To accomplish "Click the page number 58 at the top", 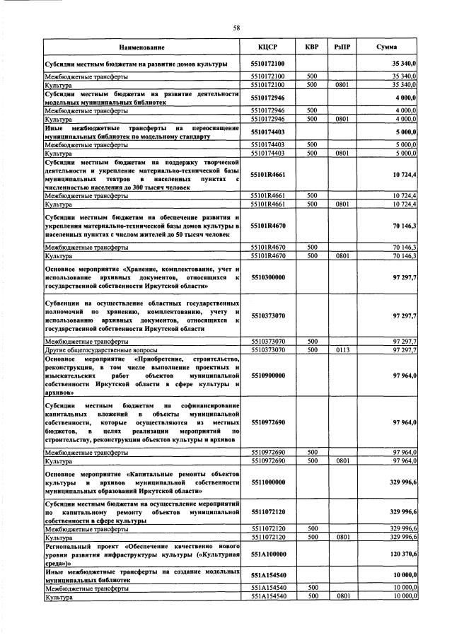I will click(x=237, y=28).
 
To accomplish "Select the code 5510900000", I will click(x=267, y=376).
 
